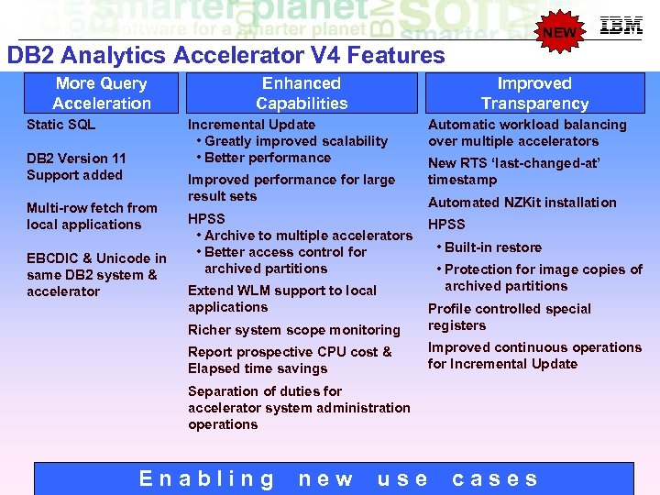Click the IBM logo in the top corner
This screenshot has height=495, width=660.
(x=621, y=26)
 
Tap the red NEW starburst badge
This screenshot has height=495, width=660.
(x=560, y=33)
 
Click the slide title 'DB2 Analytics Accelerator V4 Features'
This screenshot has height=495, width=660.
(x=225, y=56)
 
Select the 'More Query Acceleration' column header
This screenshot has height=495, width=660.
(x=102, y=93)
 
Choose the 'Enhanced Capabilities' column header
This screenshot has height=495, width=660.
(x=302, y=93)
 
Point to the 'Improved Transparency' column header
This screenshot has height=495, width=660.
(x=534, y=93)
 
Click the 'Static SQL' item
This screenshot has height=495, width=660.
(x=60, y=125)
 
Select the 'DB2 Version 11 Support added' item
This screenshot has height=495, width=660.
(x=76, y=167)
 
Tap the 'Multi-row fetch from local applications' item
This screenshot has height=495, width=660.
(x=92, y=216)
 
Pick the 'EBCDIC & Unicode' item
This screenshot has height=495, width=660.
(x=96, y=275)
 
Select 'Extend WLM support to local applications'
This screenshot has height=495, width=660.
(x=282, y=299)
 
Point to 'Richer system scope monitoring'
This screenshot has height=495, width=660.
(x=294, y=330)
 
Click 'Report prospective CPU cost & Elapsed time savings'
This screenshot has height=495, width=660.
(x=290, y=360)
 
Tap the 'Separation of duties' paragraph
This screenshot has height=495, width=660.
(x=299, y=408)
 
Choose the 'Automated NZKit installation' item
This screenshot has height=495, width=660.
(x=522, y=203)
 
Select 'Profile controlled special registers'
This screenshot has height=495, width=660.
(x=509, y=317)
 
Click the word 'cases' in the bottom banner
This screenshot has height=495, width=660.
(x=496, y=478)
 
